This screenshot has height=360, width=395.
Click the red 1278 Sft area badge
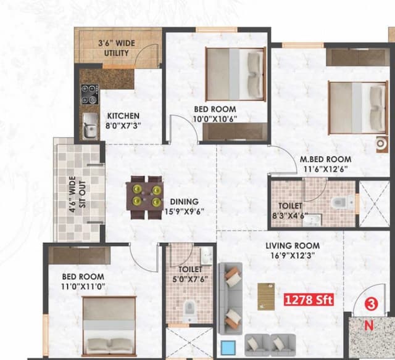point(309,300)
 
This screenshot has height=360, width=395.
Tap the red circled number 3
point(371,303)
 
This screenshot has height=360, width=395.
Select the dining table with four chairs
point(146,197)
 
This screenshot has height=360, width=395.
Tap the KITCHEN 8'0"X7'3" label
point(123,120)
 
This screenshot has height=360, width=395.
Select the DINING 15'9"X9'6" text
point(185,206)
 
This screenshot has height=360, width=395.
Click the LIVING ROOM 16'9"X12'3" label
point(293,250)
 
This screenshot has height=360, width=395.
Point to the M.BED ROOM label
point(325,163)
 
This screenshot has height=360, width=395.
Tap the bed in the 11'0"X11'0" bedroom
point(109,327)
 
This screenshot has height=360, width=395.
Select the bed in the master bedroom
point(356,105)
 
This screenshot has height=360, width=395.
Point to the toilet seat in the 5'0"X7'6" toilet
point(190,311)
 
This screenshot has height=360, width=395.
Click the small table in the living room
point(266,296)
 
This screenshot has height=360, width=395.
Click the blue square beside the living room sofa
point(228,348)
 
